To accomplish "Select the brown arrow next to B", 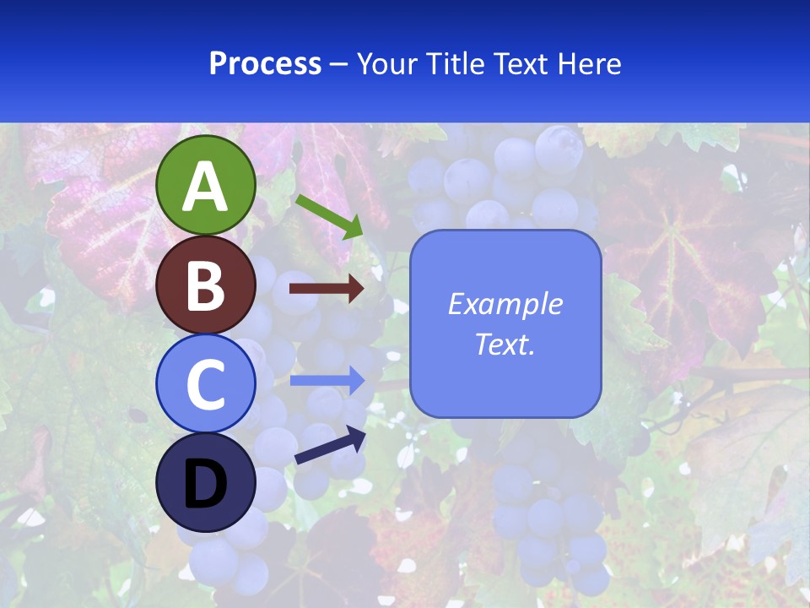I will click(327, 289).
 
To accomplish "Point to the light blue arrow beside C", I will click(327, 380).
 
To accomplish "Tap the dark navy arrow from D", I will click(330, 446).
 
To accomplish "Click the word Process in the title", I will click(265, 63).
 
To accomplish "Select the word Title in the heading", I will click(456, 63).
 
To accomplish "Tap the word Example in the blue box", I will click(505, 304).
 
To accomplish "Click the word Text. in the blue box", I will click(505, 345).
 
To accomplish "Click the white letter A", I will click(205, 187).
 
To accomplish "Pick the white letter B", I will click(205, 285).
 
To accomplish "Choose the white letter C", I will click(205, 384).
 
